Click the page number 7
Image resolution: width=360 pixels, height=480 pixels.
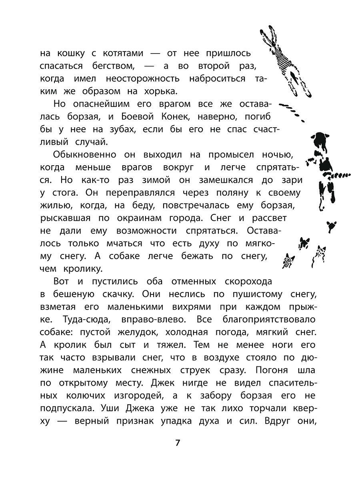(x=178, y=444)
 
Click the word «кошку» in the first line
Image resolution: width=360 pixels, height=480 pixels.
(x=76, y=53)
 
